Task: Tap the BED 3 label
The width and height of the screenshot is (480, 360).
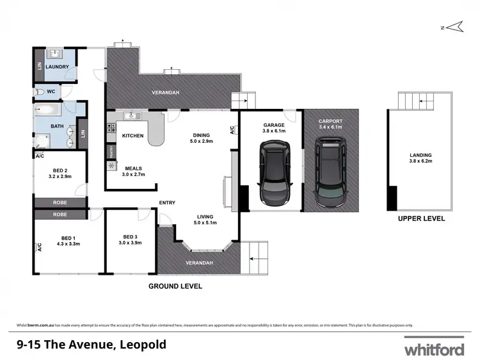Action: tap(131, 235)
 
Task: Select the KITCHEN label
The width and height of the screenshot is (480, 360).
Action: tap(132, 136)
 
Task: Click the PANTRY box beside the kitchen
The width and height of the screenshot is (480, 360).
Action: tap(111, 152)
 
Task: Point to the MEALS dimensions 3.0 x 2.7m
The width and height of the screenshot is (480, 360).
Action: tap(134, 174)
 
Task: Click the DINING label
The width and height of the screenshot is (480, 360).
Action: tap(202, 135)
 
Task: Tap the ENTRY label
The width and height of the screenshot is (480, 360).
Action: tap(167, 203)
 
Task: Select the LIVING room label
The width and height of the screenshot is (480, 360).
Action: tap(205, 216)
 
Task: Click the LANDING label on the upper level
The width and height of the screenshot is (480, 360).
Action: tap(420, 155)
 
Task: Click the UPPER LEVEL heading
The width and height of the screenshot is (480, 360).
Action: tap(420, 218)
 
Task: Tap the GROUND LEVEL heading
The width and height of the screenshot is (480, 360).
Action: tap(175, 286)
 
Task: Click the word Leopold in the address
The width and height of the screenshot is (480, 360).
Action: tap(142, 345)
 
